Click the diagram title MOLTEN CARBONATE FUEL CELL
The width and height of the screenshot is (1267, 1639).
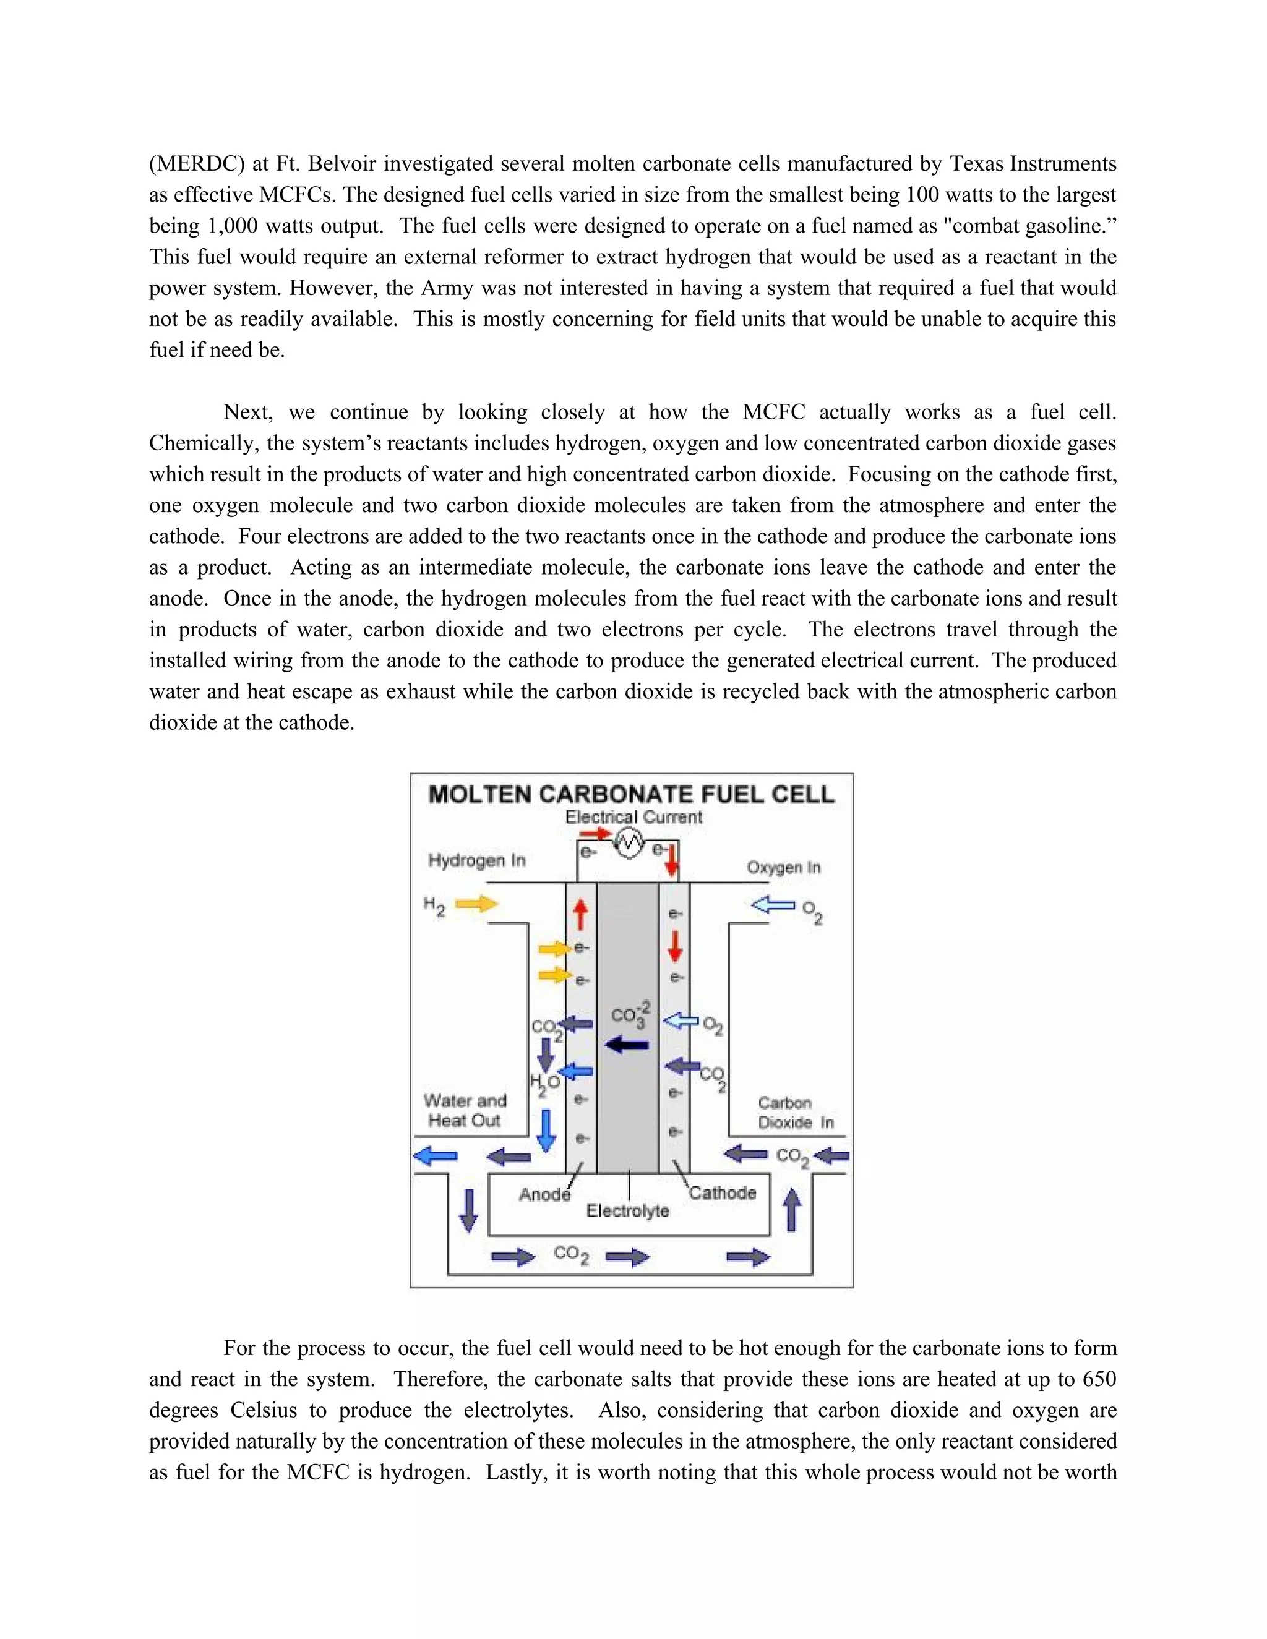click(631, 795)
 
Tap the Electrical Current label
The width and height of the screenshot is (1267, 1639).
click(633, 817)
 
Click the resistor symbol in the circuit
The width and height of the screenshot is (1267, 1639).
click(629, 845)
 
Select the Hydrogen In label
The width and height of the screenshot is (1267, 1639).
click(476, 860)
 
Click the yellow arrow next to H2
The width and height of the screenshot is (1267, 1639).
click(476, 904)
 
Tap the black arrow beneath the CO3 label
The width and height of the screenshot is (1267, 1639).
click(627, 1045)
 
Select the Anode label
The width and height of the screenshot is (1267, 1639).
click(545, 1194)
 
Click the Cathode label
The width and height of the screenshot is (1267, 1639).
click(723, 1192)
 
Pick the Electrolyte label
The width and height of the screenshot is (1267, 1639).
click(627, 1210)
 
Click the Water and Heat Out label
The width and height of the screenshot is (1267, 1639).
click(465, 1111)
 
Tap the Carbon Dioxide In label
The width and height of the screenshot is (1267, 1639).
click(796, 1113)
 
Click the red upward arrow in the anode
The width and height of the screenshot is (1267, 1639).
click(580, 915)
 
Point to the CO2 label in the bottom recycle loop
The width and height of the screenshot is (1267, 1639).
click(571, 1254)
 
